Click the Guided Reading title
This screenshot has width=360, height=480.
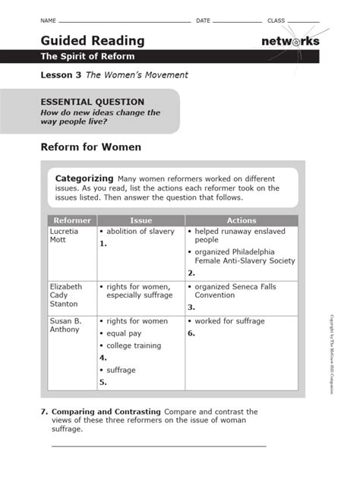[x=93, y=40]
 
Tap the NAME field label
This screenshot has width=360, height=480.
[x=49, y=20]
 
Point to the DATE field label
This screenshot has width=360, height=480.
[x=203, y=20]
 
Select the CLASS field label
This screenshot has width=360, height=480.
[x=276, y=20]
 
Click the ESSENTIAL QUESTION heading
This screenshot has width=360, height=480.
[x=92, y=102]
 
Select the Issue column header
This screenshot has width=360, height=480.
[x=141, y=220]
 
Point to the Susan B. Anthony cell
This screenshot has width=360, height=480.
[x=66, y=326]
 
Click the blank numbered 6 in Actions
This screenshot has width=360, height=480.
[x=192, y=333]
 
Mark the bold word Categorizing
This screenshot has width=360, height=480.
[x=84, y=177]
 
